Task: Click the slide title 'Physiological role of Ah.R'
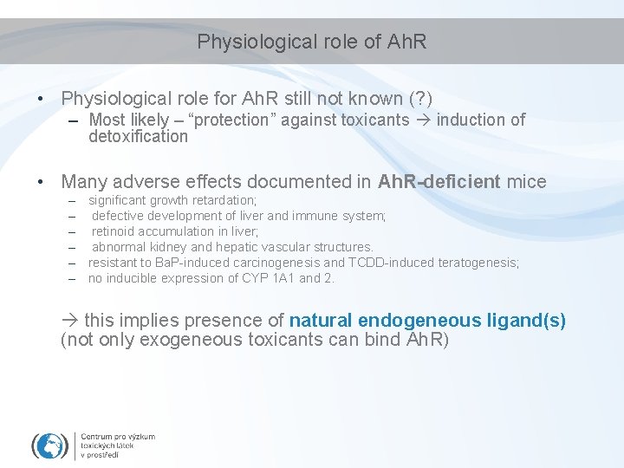pos(312,42)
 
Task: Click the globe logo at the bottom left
pos(49,445)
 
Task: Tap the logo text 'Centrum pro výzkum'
pos(118,436)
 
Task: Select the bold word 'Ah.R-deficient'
pos(439,182)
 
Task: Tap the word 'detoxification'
pos(138,136)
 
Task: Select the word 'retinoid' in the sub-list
pos(116,231)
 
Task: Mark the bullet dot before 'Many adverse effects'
pos(41,182)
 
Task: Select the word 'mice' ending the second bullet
pos(526,182)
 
